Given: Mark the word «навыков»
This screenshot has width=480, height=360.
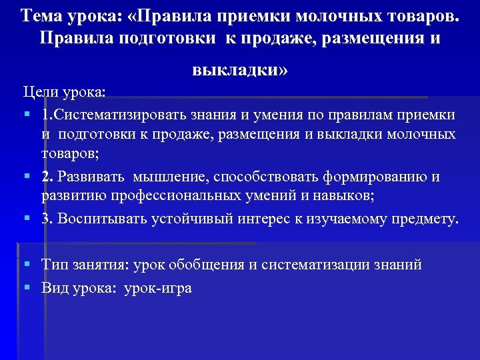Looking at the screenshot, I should tap(339, 197).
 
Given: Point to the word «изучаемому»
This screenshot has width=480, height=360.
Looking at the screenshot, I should tap(342, 219).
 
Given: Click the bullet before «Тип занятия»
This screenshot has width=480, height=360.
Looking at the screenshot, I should tap(27, 265).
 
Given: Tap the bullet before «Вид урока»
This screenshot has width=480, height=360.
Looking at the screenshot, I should tap(27, 288).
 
